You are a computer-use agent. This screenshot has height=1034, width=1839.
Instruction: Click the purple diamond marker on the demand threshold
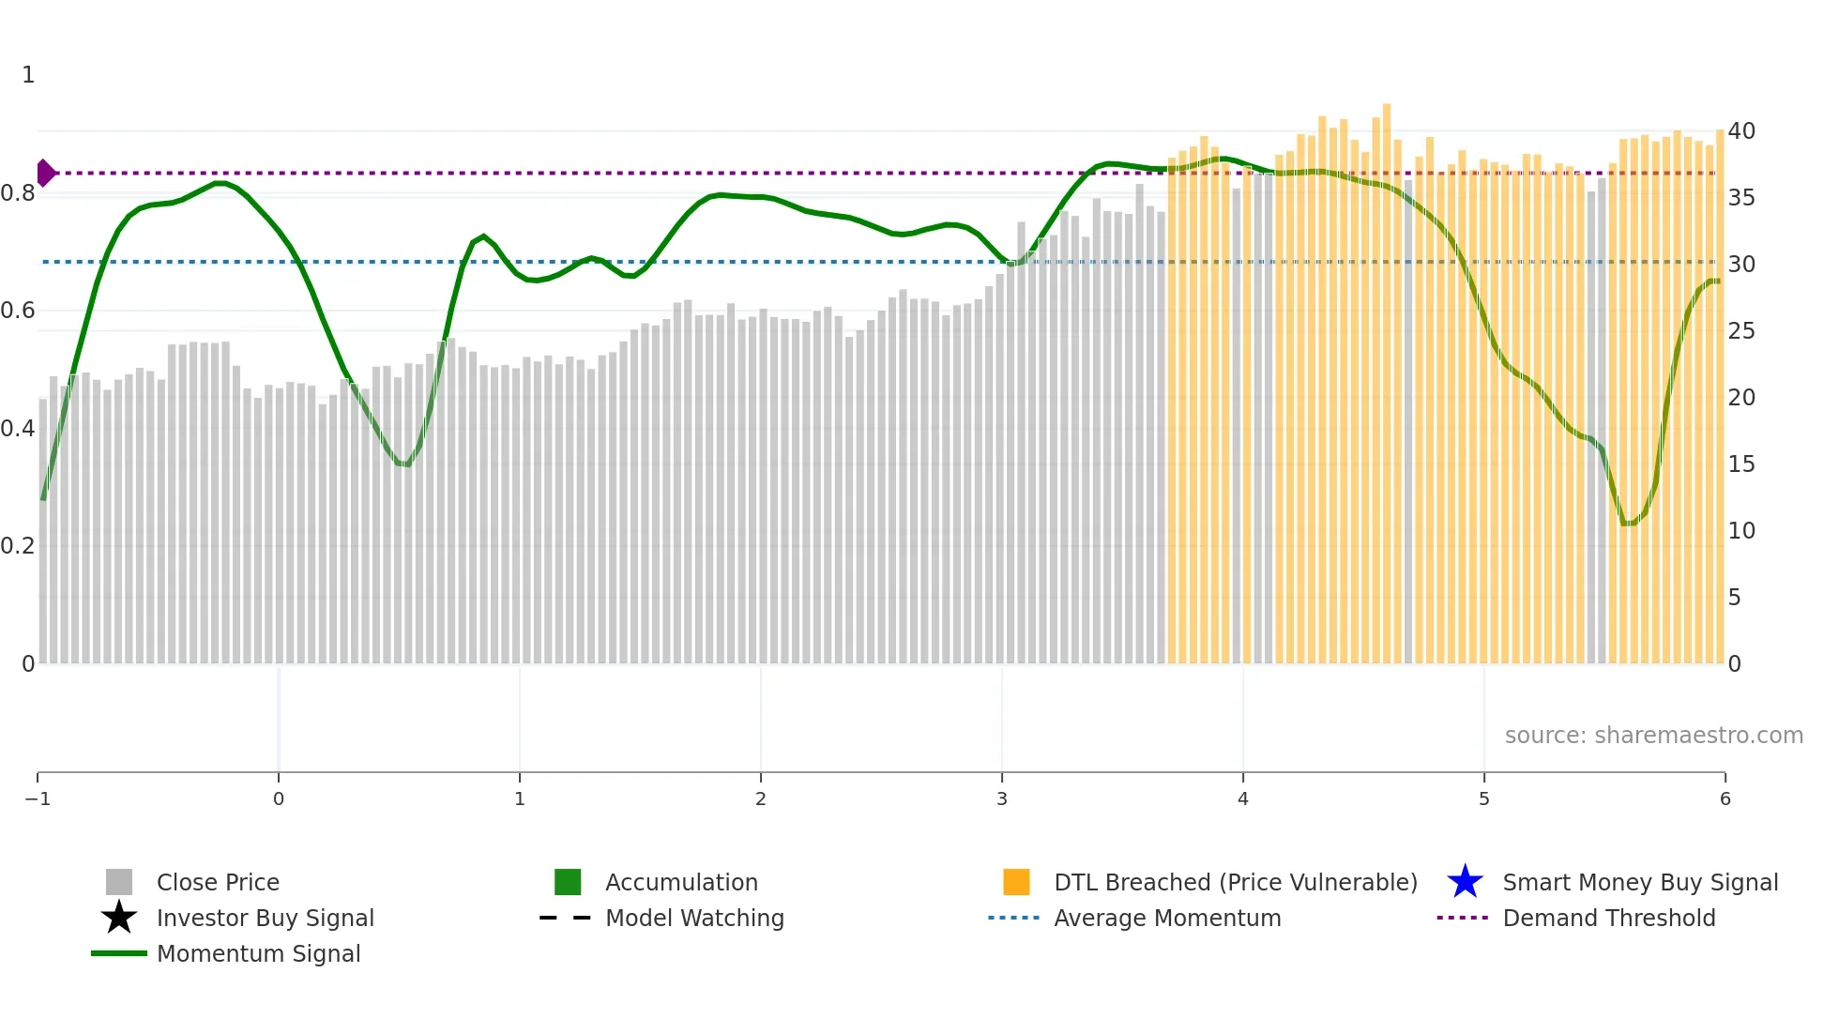[45, 173]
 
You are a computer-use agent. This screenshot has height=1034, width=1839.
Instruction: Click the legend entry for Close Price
[217, 882]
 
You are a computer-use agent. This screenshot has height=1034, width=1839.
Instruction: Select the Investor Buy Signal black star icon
[119, 918]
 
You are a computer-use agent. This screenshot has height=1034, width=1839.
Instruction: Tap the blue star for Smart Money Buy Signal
[1465, 882]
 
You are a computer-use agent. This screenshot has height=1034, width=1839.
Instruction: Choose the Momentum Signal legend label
[258, 953]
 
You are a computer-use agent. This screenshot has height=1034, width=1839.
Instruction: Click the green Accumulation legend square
[568, 882]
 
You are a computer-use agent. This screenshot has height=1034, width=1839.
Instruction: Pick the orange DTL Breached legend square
[1016, 882]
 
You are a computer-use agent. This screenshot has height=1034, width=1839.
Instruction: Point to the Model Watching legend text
[694, 918]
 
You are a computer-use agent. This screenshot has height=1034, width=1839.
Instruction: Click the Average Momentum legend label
[1167, 918]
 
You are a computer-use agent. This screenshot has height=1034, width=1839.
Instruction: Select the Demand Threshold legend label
[1608, 918]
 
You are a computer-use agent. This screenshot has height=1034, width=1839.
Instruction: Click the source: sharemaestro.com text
[1653, 735]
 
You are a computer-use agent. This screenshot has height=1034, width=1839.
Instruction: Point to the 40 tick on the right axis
[1741, 130]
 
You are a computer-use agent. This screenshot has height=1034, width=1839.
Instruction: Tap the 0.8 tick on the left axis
[18, 193]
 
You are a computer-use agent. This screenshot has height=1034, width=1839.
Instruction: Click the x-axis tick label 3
[1002, 798]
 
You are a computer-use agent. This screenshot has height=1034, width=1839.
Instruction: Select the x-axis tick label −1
[38, 798]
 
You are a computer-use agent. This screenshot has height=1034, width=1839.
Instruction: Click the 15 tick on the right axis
[1741, 464]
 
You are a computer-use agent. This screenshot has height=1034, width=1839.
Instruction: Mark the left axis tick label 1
[28, 74]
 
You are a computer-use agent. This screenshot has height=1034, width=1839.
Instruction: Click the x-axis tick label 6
[1725, 798]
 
